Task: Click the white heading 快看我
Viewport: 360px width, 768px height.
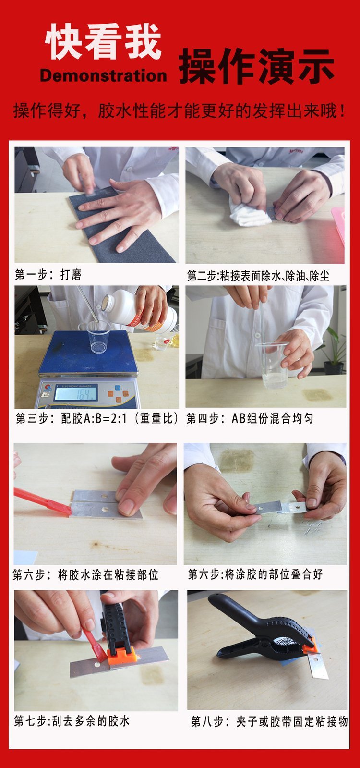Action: pyautogui.click(x=103, y=42)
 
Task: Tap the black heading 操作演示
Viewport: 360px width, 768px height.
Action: pyautogui.click(x=257, y=66)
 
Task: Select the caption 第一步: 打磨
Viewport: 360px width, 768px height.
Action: pyautogui.click(x=48, y=274)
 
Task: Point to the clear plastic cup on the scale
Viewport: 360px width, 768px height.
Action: pyautogui.click(x=98, y=337)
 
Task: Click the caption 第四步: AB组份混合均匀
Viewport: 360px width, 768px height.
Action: pyautogui.click(x=250, y=418)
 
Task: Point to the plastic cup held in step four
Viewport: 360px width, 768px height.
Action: pyautogui.click(x=273, y=366)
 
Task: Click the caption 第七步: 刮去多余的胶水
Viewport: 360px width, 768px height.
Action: pyautogui.click(x=72, y=721)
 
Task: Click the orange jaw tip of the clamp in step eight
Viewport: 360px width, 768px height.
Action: pyautogui.click(x=311, y=646)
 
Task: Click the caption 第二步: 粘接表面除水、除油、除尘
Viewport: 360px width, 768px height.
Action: pyautogui.click(x=258, y=275)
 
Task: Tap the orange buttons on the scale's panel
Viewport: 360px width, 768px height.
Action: pyautogui.click(x=118, y=394)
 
